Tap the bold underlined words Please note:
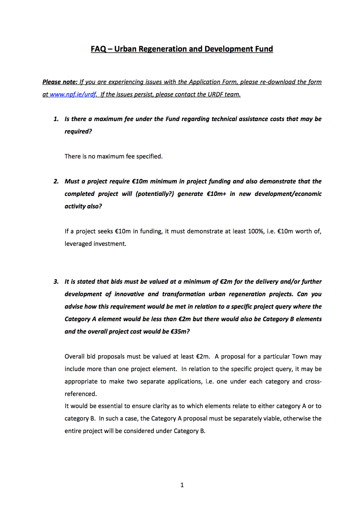click(60, 82)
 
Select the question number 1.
click(56, 119)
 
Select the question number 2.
click(56, 181)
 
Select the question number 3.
click(56, 282)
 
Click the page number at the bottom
click(182, 485)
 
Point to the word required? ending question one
click(78, 131)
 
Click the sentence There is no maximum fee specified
click(113, 156)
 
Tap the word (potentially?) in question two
click(154, 194)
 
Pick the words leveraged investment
click(95, 244)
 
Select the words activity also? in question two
click(83, 206)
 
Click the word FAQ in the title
click(98, 49)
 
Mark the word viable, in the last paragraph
click(261, 418)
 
